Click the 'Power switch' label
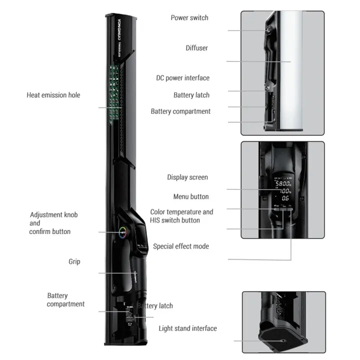(x=189, y=18)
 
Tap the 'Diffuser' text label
(x=196, y=48)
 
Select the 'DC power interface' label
(x=182, y=78)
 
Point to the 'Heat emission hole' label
(x=53, y=95)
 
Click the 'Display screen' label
(x=187, y=177)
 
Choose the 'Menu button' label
(x=191, y=196)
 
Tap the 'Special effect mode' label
(x=181, y=246)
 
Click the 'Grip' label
(x=74, y=261)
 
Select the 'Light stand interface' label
(x=187, y=328)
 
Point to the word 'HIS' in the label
(x=157, y=220)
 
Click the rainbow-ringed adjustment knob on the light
(x=122, y=231)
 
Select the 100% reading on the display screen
(x=284, y=191)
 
